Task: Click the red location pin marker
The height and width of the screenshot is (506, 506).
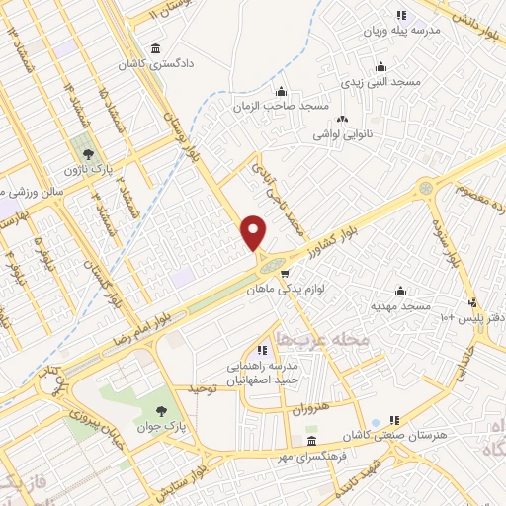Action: click(254, 231)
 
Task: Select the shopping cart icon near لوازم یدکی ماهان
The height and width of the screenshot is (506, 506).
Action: click(285, 274)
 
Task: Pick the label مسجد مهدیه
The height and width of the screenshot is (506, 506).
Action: click(400, 305)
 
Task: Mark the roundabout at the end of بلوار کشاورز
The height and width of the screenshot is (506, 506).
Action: click(425, 186)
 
